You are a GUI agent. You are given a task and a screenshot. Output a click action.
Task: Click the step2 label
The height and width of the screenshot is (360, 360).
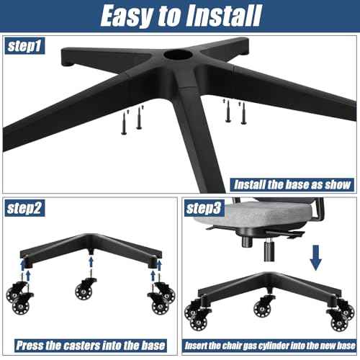27,210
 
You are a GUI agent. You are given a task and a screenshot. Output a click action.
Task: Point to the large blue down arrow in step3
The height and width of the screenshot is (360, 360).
314,256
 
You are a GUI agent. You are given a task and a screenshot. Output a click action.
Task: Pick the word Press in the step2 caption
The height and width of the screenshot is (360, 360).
31,344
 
